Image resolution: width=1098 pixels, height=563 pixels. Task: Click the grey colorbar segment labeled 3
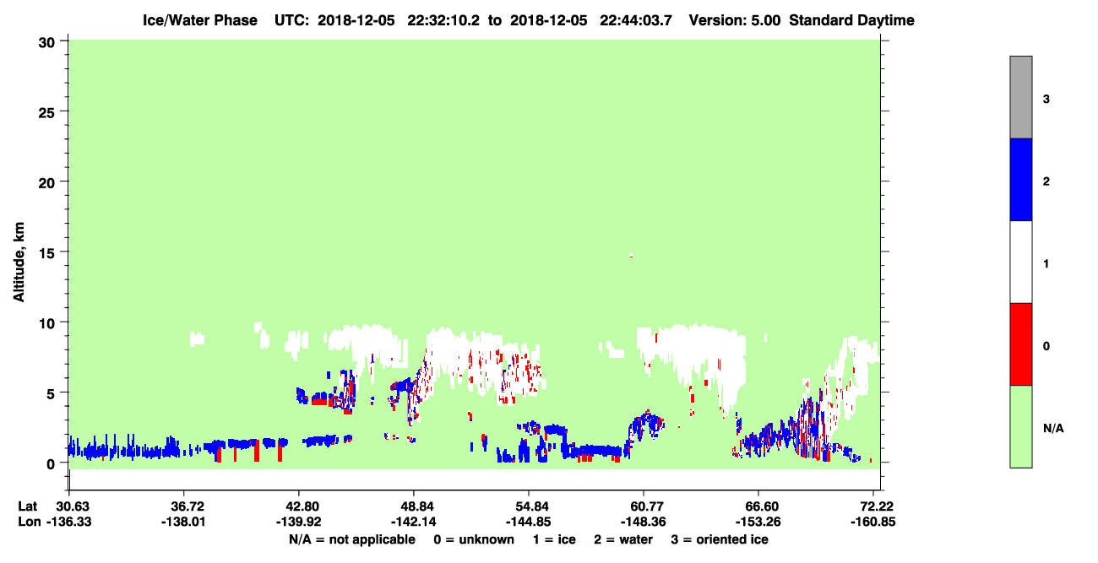pyautogui.click(x=1020, y=97)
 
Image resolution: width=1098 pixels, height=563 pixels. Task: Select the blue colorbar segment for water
pyautogui.click(x=1020, y=179)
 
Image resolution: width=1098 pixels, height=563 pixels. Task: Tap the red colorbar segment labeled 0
pyautogui.click(x=1020, y=344)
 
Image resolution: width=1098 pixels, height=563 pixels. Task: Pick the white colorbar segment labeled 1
pyautogui.click(x=1020, y=262)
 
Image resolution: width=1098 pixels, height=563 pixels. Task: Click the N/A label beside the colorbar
pyautogui.click(x=1053, y=428)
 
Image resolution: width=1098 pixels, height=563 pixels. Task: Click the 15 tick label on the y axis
pyautogui.click(x=46, y=253)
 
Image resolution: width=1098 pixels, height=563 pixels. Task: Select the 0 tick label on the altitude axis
pyautogui.click(x=51, y=464)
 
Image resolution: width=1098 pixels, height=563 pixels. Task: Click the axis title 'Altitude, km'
pyautogui.click(x=19, y=262)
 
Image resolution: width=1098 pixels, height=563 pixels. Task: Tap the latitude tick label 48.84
pyautogui.click(x=414, y=506)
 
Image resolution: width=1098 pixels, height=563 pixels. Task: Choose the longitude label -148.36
pyautogui.click(x=643, y=522)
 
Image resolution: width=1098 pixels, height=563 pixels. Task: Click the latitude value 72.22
pyautogui.click(x=873, y=506)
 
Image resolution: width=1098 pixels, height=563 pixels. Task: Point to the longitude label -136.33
pyautogui.click(x=68, y=522)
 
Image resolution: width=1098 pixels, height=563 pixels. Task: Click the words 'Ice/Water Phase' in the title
pyautogui.click(x=200, y=20)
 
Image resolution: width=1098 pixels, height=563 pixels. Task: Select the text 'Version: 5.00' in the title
pyautogui.click(x=734, y=20)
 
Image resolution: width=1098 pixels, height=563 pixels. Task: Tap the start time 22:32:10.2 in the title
pyautogui.click(x=443, y=20)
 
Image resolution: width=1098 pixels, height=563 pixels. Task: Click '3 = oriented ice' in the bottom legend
pyautogui.click(x=720, y=539)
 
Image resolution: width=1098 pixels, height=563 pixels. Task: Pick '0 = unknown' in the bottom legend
pyautogui.click(x=474, y=539)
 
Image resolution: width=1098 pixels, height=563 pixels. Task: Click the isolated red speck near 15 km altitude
pyautogui.click(x=632, y=256)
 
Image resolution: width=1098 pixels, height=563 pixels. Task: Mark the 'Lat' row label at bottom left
pyautogui.click(x=27, y=506)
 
